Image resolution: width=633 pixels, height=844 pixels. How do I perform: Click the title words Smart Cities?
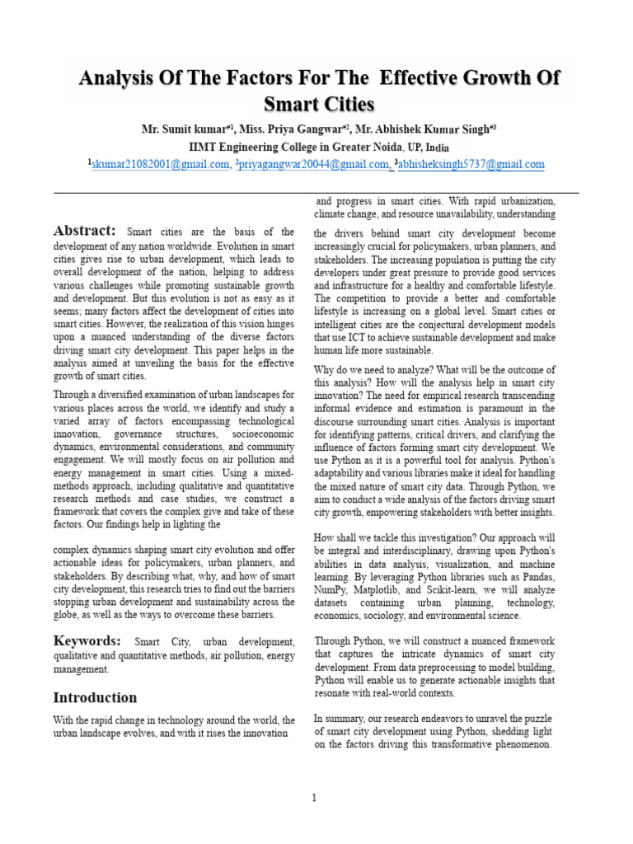pos(319,105)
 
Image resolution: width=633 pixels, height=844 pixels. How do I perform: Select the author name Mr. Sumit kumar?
pos(185,130)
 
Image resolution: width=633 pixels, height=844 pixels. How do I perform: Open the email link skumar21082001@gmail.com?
pos(160,165)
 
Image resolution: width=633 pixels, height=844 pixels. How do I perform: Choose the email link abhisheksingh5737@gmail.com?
pos(471,165)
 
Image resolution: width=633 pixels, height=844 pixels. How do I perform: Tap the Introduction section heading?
pos(95,697)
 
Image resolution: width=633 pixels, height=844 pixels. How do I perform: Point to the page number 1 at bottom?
pos(314,797)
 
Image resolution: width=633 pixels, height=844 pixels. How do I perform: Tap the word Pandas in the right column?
pos(537,578)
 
